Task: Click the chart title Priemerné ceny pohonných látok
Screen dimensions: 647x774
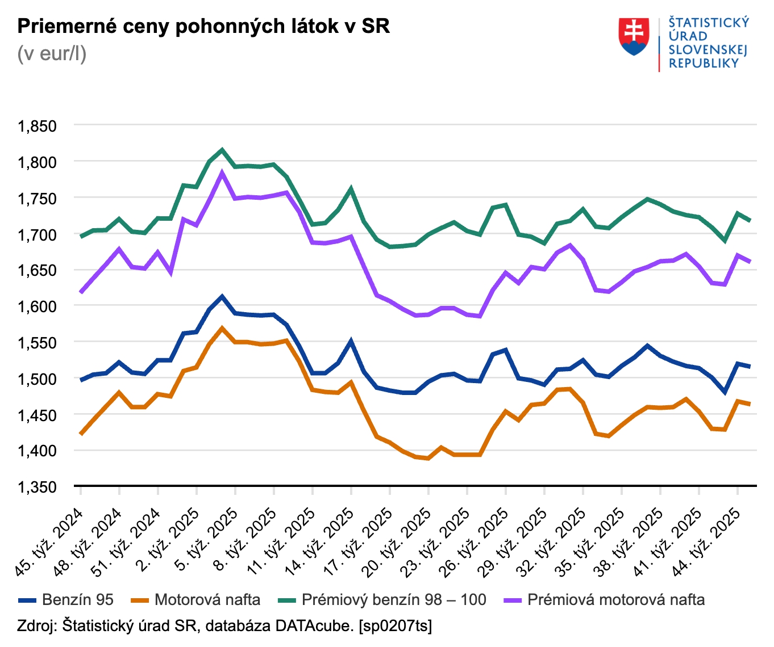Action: tap(203, 26)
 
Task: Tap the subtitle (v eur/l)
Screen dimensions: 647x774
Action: tap(52, 53)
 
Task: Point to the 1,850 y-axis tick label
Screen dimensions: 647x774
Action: tap(38, 126)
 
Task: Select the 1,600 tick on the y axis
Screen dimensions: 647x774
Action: tap(38, 306)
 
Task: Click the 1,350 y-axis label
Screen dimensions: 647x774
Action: tap(38, 487)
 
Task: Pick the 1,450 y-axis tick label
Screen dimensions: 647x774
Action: tap(38, 415)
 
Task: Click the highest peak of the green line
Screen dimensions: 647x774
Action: tap(222, 150)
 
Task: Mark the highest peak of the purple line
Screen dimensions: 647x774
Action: tap(222, 173)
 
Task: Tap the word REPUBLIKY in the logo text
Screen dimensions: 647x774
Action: tap(704, 64)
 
